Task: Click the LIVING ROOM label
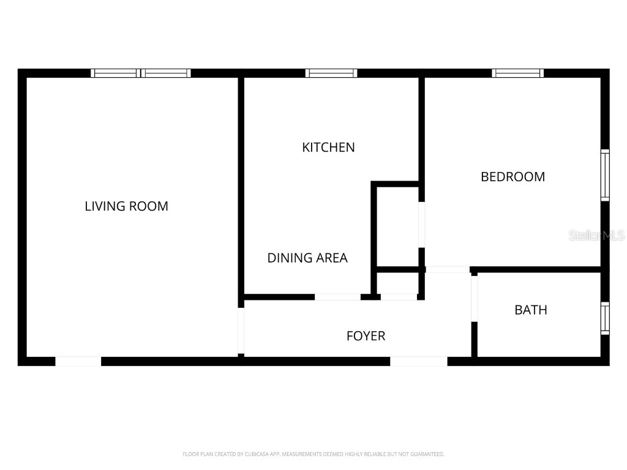coord(126,206)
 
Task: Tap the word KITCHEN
coord(328,147)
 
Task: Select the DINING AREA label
coord(307,258)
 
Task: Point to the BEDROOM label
coord(512,177)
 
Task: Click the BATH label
coord(531,310)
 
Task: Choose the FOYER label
coord(366,336)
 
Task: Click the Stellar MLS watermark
coord(596,236)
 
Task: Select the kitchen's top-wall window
coord(331,73)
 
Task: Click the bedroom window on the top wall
coord(517,73)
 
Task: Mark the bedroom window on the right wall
coord(606,175)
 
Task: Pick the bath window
coord(606,318)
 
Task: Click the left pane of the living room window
coord(116,73)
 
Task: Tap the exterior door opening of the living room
coord(78,361)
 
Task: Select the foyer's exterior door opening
coord(419,361)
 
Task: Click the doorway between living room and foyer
coord(241,330)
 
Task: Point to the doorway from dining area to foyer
coord(337,297)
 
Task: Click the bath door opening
coord(475,299)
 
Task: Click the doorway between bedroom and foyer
coord(448,270)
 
